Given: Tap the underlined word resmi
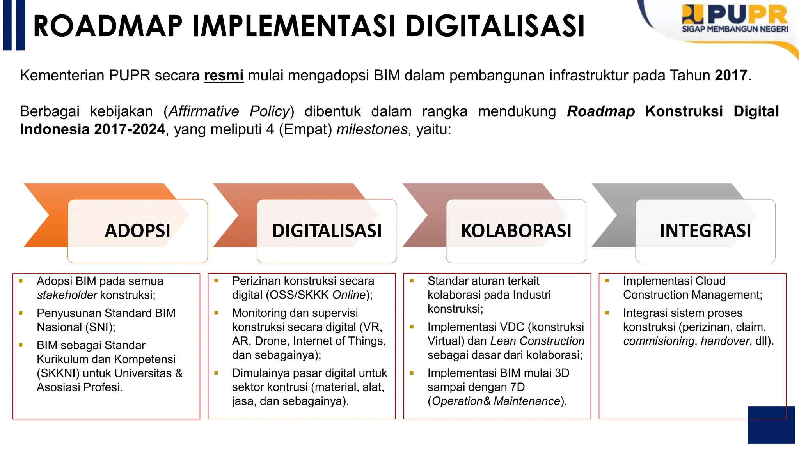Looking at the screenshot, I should click(224, 75).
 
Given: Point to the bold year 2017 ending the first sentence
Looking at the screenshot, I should click(731, 75).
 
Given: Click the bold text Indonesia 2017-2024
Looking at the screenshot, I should click(92, 129).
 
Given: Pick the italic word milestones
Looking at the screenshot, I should click(372, 129).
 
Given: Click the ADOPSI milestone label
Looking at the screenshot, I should click(137, 230).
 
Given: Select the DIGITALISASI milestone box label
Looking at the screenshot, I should click(327, 230).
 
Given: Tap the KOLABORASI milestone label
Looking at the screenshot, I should click(516, 230).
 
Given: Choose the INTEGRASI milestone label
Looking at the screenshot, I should click(705, 230).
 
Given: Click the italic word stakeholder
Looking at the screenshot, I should click(67, 295).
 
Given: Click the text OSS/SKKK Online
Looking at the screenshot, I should click(316, 295).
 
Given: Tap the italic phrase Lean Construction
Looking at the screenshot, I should click(537, 341).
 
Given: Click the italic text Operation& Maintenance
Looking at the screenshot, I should click(496, 401).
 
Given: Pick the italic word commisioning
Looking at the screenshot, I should click(659, 341).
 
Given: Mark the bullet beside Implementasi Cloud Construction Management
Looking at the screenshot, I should click(607, 281).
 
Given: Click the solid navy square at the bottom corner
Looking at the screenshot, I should click(771, 425).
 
